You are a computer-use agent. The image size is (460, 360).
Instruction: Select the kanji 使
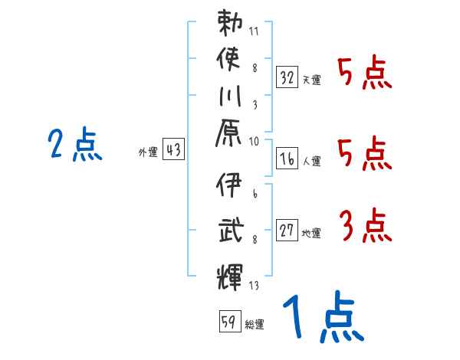230,60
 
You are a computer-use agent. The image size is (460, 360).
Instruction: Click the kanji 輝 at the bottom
230,273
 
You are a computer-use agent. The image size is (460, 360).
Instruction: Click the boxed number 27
287,230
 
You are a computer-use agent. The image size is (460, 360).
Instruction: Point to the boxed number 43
173,150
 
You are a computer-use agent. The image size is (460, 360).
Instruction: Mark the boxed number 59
228,321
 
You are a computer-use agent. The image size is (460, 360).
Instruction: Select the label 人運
311,161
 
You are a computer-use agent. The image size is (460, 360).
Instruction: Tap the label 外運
146,153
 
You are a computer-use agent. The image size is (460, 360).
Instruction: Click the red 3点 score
365,227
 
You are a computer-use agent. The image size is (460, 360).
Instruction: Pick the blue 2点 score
75,145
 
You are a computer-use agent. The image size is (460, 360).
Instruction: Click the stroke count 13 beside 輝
253,286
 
